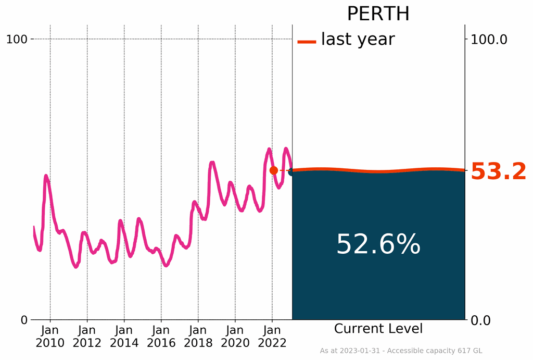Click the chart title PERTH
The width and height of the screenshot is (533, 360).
[378, 14]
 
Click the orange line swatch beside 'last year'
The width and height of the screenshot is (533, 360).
[307, 42]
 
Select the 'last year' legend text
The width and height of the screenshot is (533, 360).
[358, 39]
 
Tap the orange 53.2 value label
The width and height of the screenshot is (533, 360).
[498, 172]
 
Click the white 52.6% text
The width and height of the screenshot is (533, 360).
[378, 244]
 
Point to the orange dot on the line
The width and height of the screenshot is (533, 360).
[274, 170]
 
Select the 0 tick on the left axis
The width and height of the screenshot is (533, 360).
[24, 320]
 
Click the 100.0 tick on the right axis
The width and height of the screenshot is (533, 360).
[489, 39]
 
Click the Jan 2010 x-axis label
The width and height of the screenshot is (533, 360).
[50, 337]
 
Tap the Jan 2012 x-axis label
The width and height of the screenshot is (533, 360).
[87, 337]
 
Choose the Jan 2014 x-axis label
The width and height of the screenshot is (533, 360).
[124, 337]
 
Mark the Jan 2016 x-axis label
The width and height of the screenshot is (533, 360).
[161, 337]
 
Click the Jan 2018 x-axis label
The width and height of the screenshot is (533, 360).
[198, 337]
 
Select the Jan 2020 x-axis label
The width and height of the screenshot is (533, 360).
[235, 337]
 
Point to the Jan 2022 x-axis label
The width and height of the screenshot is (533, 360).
[272, 337]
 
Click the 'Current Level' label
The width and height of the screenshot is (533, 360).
[378, 329]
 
